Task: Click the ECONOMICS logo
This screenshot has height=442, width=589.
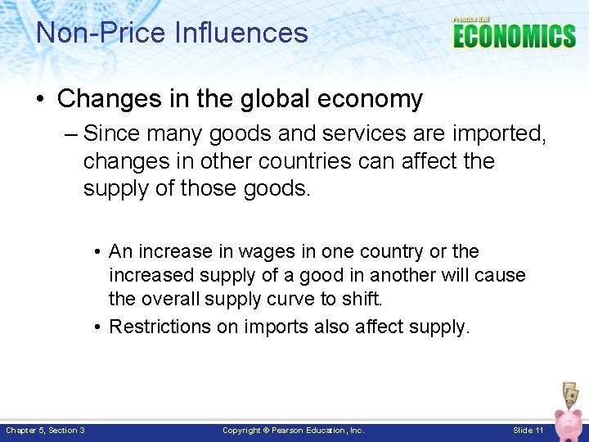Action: [x=515, y=36]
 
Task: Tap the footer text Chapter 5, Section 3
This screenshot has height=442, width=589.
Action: [x=45, y=431]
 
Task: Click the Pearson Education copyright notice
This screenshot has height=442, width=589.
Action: [x=294, y=431]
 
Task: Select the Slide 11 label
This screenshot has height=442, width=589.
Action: [x=528, y=431]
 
